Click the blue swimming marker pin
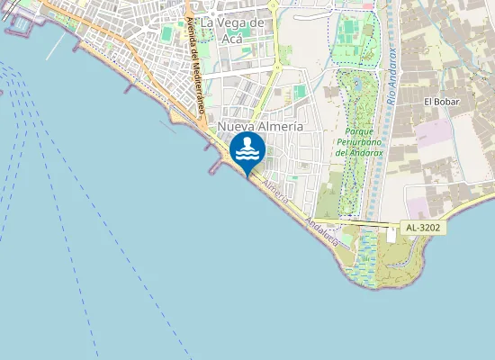[247, 151]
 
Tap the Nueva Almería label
[260, 128]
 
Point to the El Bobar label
[442, 102]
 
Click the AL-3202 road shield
[422, 229]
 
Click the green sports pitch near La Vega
[167, 34]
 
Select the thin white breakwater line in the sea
[56, 46]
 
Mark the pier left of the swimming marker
[219, 166]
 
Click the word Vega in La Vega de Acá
[234, 22]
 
